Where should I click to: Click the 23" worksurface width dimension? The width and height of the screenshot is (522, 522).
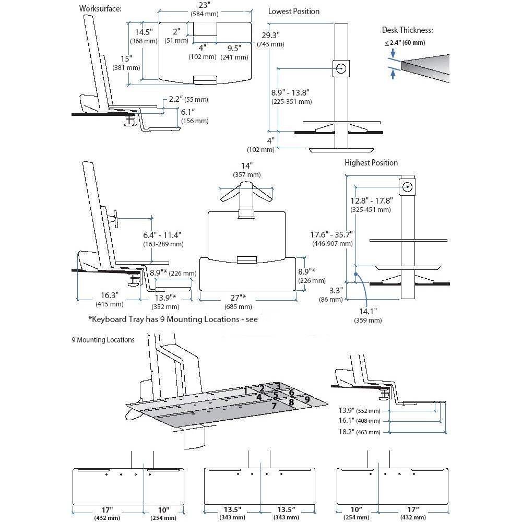click(x=204, y=5)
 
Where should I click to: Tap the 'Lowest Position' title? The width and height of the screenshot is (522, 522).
click(x=294, y=11)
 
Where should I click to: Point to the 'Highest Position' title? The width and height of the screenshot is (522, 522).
click(x=371, y=163)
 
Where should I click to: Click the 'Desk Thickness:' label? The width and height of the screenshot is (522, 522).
click(x=408, y=30)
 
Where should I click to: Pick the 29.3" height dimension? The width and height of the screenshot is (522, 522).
click(x=271, y=35)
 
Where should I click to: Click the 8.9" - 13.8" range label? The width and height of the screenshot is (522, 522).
click(x=290, y=92)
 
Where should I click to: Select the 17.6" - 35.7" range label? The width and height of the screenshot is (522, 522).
click(x=332, y=234)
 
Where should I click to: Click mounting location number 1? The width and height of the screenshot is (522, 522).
click(x=245, y=390)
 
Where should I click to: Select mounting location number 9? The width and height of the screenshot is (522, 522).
click(x=307, y=399)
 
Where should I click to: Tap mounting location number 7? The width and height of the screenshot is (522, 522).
click(x=274, y=405)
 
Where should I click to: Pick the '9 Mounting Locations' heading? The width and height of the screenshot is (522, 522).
click(x=103, y=340)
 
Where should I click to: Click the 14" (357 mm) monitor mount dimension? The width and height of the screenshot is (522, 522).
click(x=246, y=166)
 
